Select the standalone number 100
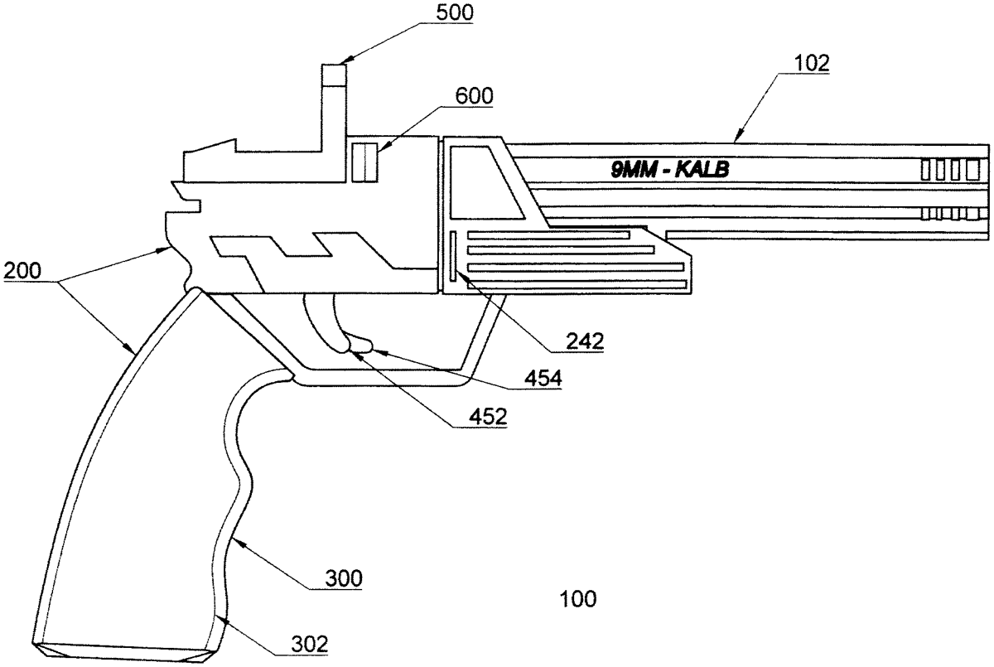point(577,598)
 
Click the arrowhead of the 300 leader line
point(234,539)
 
